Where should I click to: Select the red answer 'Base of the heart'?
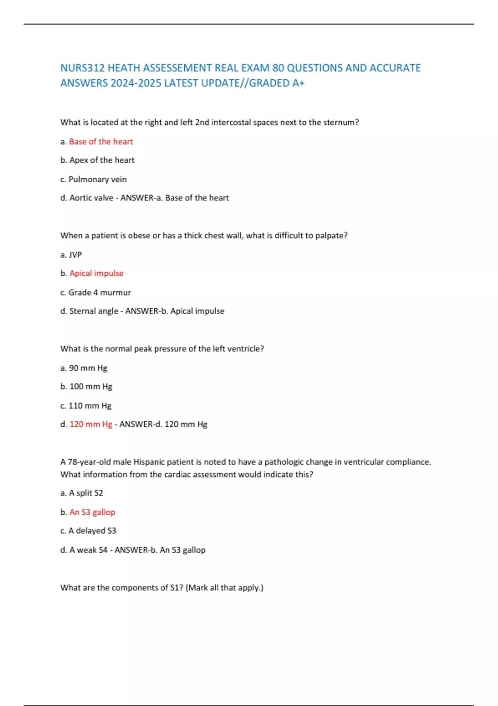[101, 142]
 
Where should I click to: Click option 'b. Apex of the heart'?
[98, 160]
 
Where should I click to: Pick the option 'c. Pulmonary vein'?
[93, 179]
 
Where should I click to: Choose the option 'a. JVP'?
[71, 255]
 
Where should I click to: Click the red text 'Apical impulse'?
[96, 273]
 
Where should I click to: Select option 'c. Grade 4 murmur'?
[95, 292]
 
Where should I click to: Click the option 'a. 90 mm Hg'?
[84, 368]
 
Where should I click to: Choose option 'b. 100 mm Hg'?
[86, 387]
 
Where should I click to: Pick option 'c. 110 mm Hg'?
[86, 406]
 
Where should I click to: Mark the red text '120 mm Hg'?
[91, 424]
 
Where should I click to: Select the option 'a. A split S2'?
[82, 493]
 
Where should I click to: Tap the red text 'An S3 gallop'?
[92, 512]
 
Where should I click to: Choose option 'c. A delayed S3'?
[88, 531]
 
